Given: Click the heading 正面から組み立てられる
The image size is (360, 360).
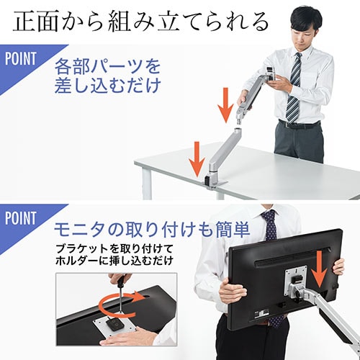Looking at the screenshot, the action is (140, 22).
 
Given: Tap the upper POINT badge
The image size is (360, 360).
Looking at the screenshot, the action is (21, 59).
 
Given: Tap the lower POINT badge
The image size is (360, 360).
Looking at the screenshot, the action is (21, 218).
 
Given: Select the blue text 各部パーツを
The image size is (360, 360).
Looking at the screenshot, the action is (107, 66).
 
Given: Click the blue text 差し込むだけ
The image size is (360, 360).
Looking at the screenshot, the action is (107, 85).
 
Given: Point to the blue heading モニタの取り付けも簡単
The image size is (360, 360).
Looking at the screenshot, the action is (152, 230).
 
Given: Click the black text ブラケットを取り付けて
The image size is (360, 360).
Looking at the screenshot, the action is (114, 249).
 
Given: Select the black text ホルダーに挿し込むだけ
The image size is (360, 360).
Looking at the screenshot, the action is (114, 261).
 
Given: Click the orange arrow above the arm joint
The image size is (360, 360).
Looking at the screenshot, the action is (225, 105).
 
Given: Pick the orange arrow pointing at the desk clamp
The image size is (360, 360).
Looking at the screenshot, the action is (197, 159).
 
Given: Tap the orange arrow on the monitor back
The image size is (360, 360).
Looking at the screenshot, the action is (319, 269).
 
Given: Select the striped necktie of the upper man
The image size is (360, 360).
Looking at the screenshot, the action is (294, 88).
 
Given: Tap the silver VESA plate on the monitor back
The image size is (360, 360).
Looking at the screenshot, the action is (295, 282).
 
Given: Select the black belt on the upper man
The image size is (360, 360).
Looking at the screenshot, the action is (300, 125).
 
